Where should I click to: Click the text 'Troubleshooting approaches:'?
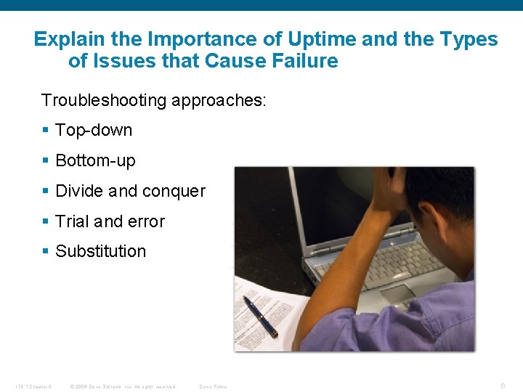[x=154, y=99]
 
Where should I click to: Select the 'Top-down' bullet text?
[x=94, y=131]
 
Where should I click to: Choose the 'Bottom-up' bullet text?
[x=95, y=160]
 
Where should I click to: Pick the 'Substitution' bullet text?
[x=100, y=251]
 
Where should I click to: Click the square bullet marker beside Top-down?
[x=45, y=131]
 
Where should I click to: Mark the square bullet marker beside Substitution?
[x=45, y=251]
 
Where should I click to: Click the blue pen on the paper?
[x=261, y=316]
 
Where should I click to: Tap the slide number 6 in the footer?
[x=505, y=386]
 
